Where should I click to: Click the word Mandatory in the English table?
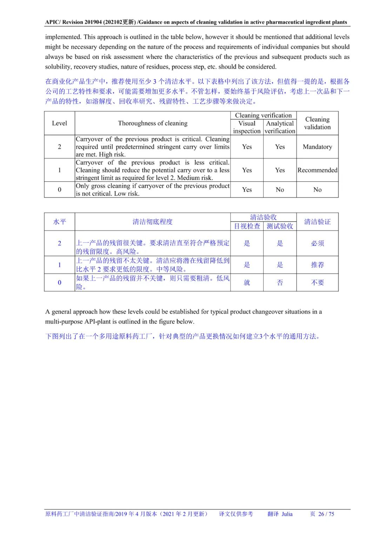(317, 147)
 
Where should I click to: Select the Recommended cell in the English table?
(317, 170)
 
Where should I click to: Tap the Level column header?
(59, 123)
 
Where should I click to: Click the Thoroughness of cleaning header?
(153, 123)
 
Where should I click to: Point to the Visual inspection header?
(247, 127)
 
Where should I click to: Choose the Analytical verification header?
(280, 127)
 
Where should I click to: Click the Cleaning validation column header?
(317, 123)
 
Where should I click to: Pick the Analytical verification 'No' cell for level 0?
(280, 190)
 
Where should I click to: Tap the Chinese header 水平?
(59, 222)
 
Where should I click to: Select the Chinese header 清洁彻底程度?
(153, 222)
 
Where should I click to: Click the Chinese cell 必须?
(317, 243)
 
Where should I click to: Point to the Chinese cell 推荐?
(317, 265)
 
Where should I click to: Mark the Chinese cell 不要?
(317, 283)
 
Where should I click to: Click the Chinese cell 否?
(280, 283)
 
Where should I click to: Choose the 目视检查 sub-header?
(247, 226)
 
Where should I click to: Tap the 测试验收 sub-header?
(280, 226)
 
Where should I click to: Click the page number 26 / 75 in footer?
(326, 514)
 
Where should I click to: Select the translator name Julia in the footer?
(287, 514)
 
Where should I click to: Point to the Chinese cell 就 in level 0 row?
(247, 283)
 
